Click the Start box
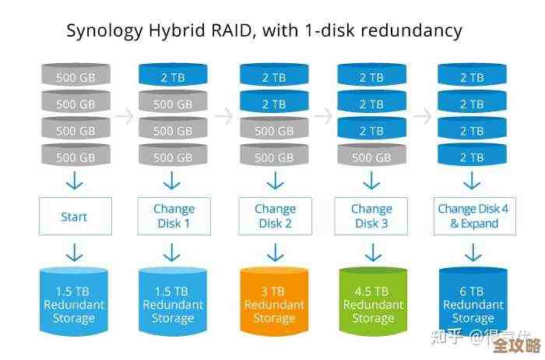75,217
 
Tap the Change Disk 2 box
275,217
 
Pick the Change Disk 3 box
371,217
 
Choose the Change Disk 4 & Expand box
473,217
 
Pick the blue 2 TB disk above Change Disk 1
173,76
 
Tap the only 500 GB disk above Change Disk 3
371,157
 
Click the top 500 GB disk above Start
76,76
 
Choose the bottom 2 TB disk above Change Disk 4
472,157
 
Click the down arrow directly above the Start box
75,182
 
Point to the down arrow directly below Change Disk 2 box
274,252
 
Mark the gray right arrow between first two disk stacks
124,116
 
